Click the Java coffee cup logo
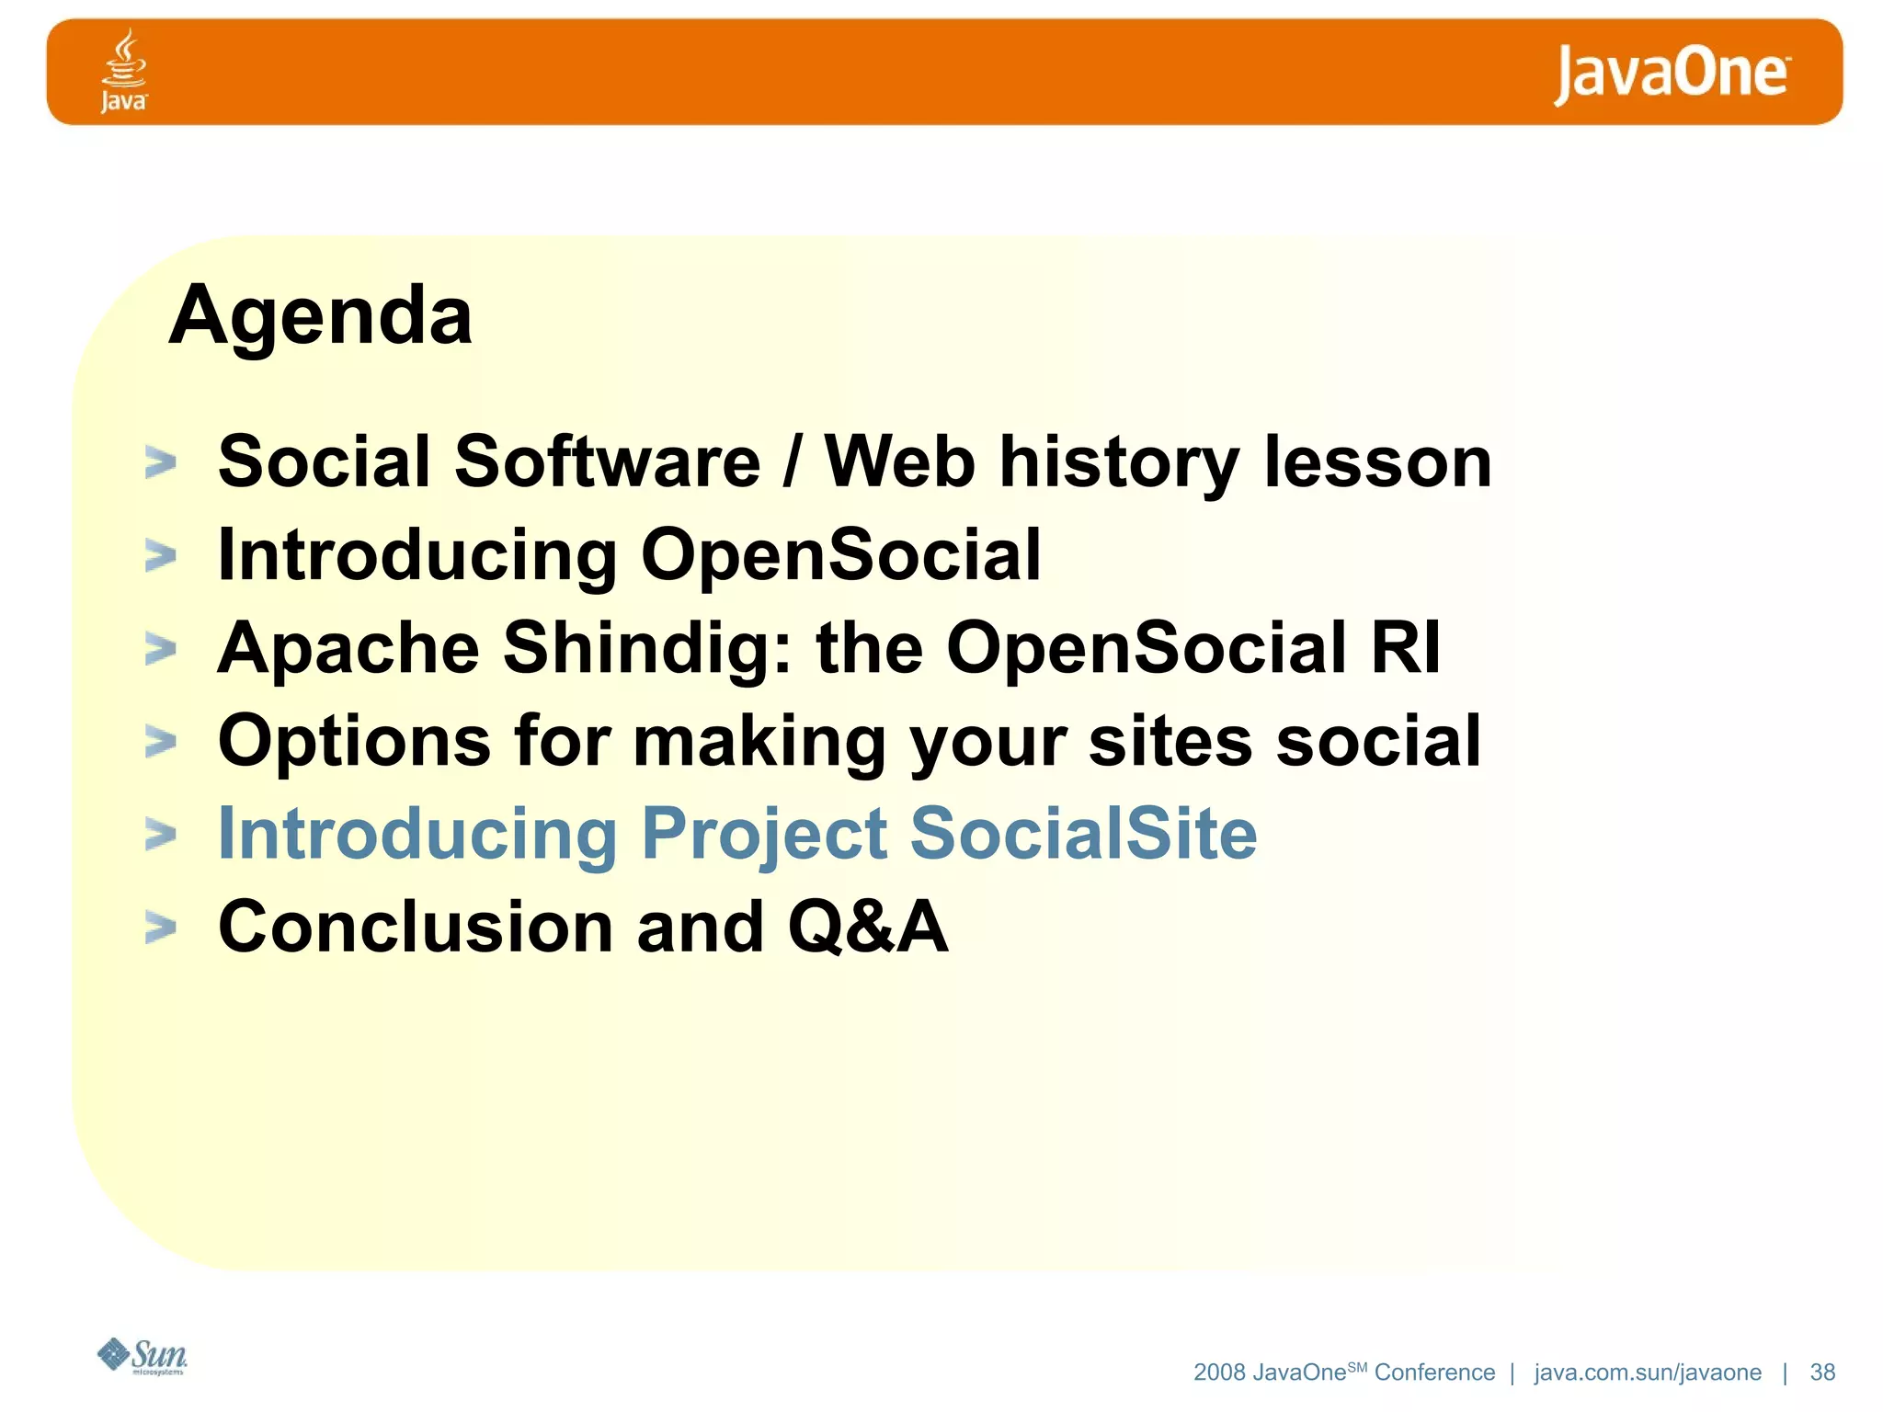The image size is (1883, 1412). [123, 70]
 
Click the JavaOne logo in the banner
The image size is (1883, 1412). [1671, 73]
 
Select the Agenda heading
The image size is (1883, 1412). [320, 315]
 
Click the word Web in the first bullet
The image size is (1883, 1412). [898, 461]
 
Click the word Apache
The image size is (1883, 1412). [348, 647]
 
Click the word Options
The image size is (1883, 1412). [354, 741]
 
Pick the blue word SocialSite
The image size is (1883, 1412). [1082, 833]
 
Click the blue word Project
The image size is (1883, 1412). [763, 835]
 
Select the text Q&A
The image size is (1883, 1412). [867, 927]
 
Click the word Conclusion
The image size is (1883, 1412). [415, 927]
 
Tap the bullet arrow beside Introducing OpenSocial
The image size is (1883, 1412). [160, 555]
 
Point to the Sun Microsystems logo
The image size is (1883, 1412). [143, 1356]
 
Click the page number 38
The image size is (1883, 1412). [1821, 1372]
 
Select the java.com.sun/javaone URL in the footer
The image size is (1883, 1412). [1647, 1372]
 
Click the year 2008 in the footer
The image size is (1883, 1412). [1218, 1372]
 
